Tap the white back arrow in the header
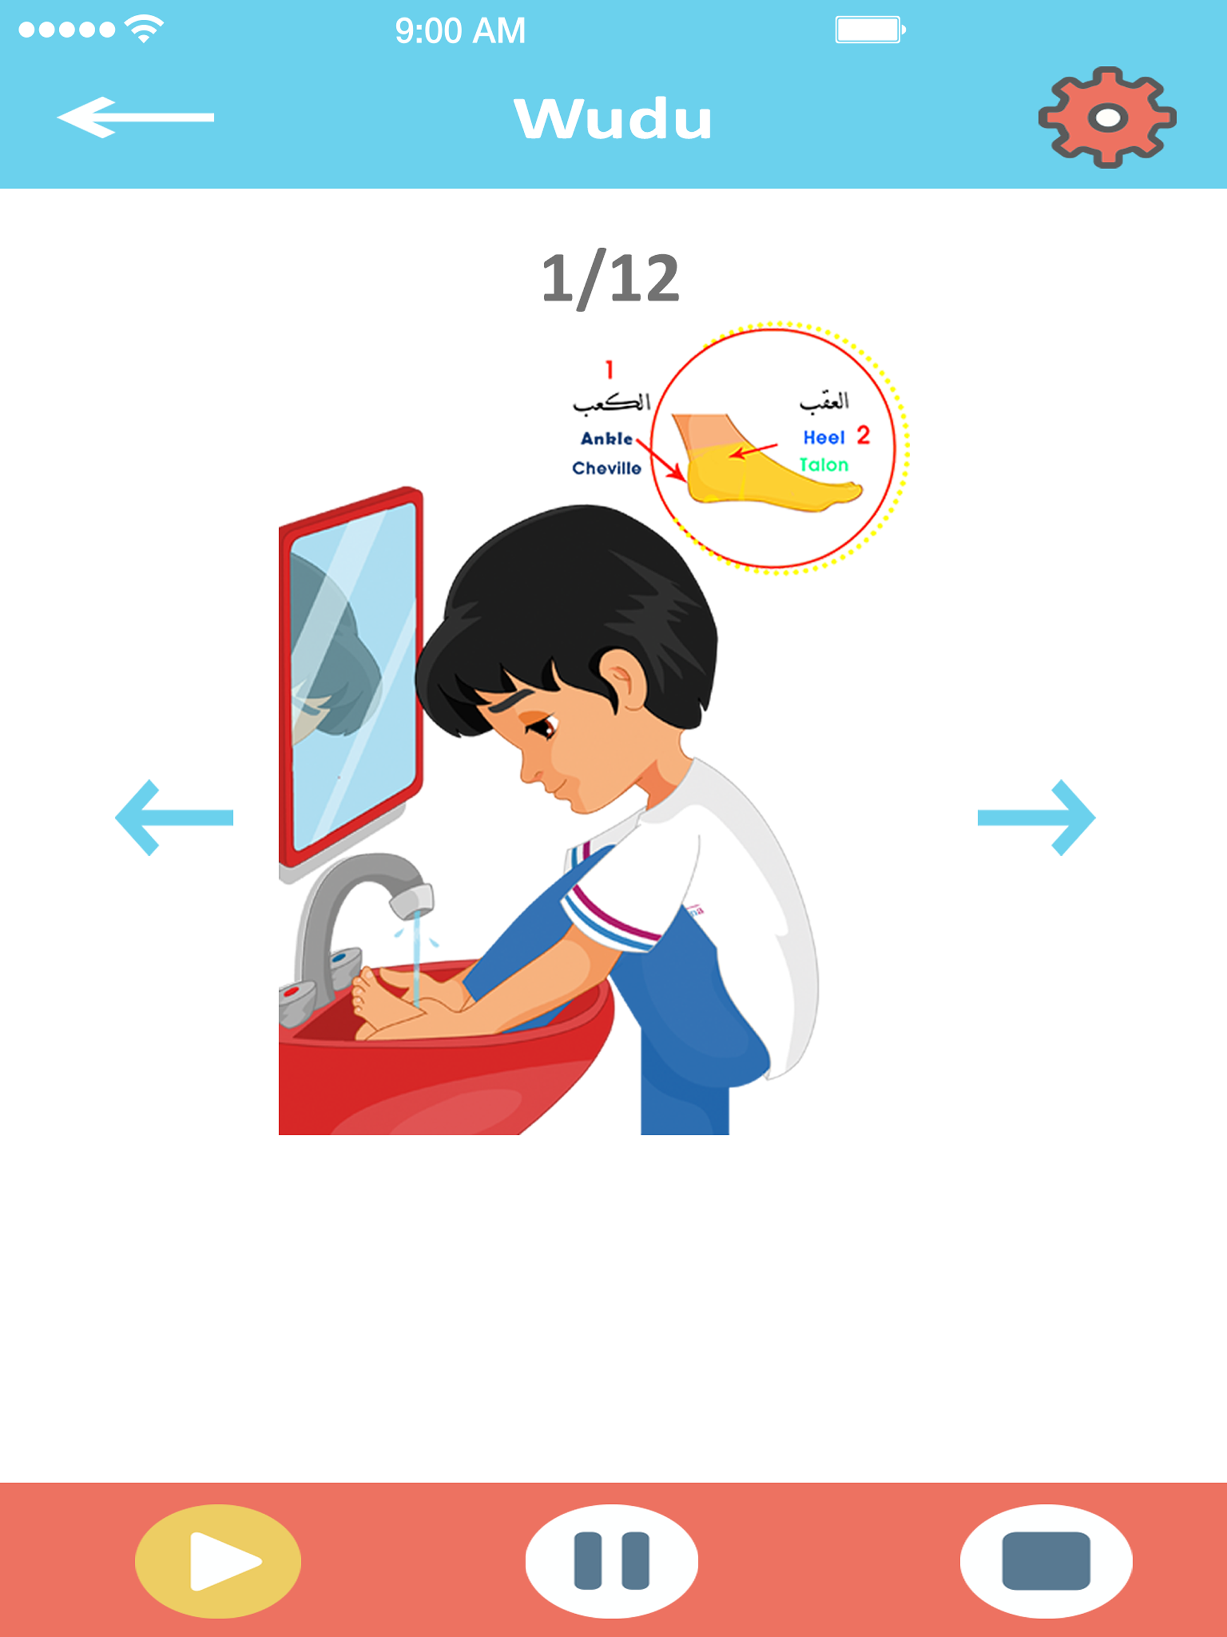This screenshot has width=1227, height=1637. tap(135, 117)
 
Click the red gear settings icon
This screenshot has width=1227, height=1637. tap(1107, 117)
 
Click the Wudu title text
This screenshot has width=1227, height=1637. tap(613, 119)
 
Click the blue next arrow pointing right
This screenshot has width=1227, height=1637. tap(1036, 817)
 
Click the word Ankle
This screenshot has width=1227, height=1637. tap(606, 439)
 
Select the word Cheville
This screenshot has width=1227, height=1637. tap(606, 469)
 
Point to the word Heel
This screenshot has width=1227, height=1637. tap(824, 437)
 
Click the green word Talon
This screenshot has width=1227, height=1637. tap(824, 465)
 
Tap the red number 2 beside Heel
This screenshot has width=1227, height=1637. tap(863, 435)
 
